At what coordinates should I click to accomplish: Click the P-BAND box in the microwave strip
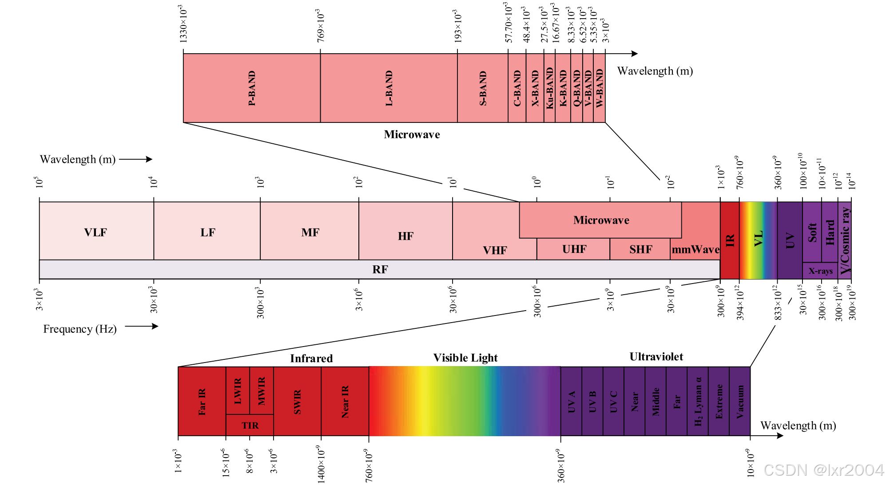251,88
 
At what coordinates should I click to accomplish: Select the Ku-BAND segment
549,88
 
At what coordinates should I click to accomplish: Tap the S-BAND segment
483,88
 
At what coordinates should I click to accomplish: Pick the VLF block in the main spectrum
96,232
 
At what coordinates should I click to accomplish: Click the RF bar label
380,269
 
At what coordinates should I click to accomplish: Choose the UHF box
574,249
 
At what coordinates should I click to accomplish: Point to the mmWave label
695,249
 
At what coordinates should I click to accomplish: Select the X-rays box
820,271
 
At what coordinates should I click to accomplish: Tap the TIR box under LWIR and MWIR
250,425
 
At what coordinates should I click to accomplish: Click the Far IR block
202,401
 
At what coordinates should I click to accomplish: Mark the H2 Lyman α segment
698,401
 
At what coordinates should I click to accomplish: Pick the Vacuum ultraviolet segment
740,401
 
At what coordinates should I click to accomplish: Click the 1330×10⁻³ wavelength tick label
183,24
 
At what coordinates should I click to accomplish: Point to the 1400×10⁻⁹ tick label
321,464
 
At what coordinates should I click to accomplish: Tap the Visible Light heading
465,358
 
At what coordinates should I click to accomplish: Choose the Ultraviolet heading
656,357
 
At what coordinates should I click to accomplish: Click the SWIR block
297,401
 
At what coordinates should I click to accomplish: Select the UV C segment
613,401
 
